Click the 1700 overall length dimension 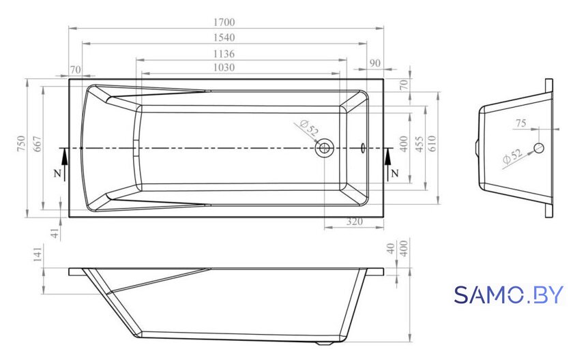224,22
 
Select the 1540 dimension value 224,37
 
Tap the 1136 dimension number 224,54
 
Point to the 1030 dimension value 224,67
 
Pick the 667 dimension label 38,143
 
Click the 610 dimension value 432,143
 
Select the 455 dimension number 419,144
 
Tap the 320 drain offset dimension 354,222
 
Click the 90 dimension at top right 375,63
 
